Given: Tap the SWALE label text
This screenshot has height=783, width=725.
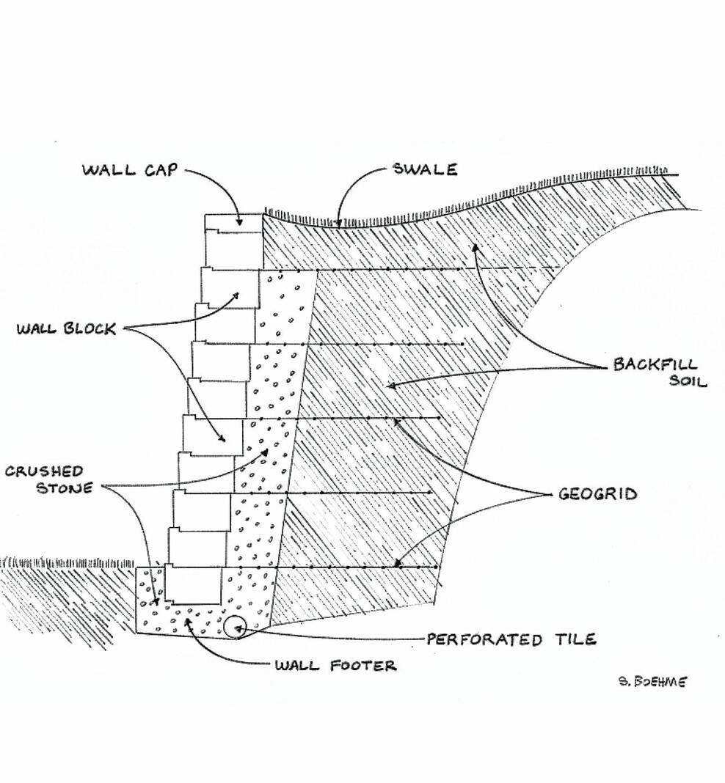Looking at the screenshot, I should (424, 170).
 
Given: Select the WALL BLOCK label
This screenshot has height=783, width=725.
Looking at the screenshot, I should (67, 329).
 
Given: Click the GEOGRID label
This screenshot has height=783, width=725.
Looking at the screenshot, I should (597, 494).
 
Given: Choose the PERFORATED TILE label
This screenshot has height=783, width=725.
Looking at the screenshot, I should (511, 639).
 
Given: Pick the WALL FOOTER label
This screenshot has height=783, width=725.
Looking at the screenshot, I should (335, 666).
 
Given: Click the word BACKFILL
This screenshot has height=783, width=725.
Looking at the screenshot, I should (655, 365).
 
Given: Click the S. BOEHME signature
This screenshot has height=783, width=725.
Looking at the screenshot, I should (652, 682).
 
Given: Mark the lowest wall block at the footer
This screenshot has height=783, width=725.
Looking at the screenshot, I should (192, 585).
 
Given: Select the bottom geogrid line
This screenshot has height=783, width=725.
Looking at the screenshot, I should (352, 567).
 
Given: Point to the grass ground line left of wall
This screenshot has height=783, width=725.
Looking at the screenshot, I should (66, 563).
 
